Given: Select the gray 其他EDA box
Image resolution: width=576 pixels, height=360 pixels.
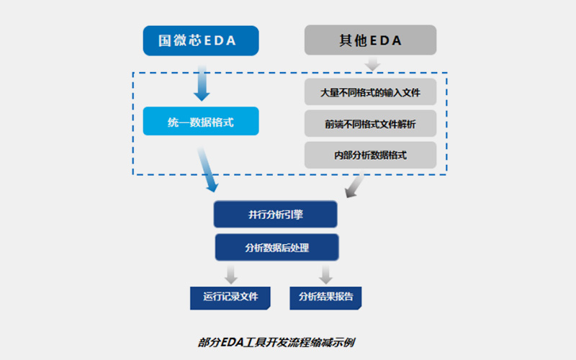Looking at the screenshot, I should pos(370,40).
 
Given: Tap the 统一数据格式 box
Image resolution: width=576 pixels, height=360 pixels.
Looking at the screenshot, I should pos(200,122).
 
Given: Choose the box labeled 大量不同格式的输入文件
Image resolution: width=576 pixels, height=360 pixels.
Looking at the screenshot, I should pos(370,93).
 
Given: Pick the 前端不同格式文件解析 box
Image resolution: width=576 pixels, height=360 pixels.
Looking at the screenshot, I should pos(370,125).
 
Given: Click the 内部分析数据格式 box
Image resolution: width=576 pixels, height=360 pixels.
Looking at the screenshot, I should pos(370,155).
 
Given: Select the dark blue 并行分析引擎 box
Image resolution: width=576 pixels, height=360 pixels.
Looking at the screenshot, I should pos(276,215).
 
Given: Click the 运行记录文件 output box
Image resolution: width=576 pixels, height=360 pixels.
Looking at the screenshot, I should pos(230,297).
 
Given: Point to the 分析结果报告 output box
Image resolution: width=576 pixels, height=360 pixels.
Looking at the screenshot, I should pos(326,297).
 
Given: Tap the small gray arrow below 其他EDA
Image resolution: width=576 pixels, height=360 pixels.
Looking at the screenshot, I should pos(372,64).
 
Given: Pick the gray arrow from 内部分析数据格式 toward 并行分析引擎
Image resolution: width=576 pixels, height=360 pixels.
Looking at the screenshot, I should pos(354,186).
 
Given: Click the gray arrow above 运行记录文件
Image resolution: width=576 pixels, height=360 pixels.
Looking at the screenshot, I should pos(230,274).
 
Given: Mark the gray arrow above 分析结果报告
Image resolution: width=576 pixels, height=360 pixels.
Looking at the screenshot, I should pos(326,274).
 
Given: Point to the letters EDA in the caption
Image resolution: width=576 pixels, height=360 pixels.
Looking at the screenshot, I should pos(233,341).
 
